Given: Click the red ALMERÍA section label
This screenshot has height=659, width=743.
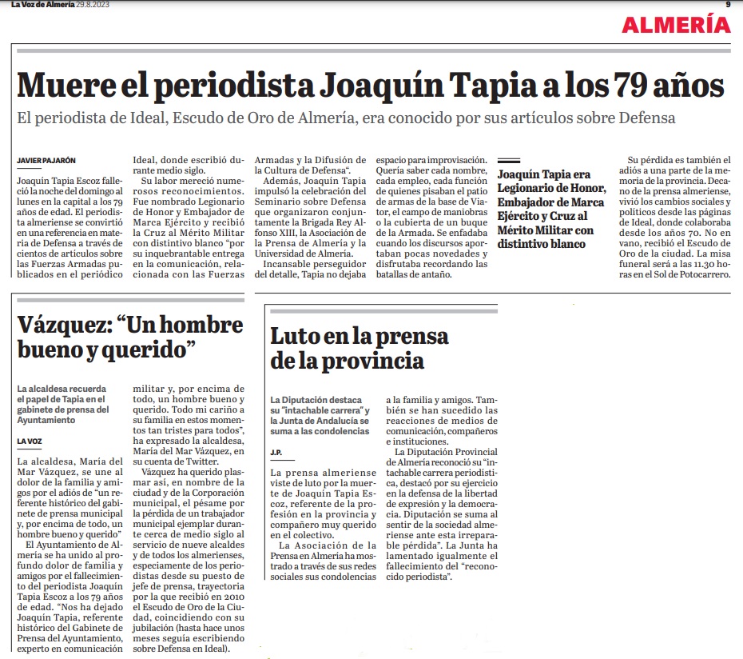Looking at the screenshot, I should point(676,25).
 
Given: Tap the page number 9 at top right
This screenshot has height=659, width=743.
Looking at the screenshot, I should point(728,5).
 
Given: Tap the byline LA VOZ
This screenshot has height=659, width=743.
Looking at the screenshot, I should point(30,441).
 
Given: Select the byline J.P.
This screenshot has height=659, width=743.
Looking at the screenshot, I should point(276,453).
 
